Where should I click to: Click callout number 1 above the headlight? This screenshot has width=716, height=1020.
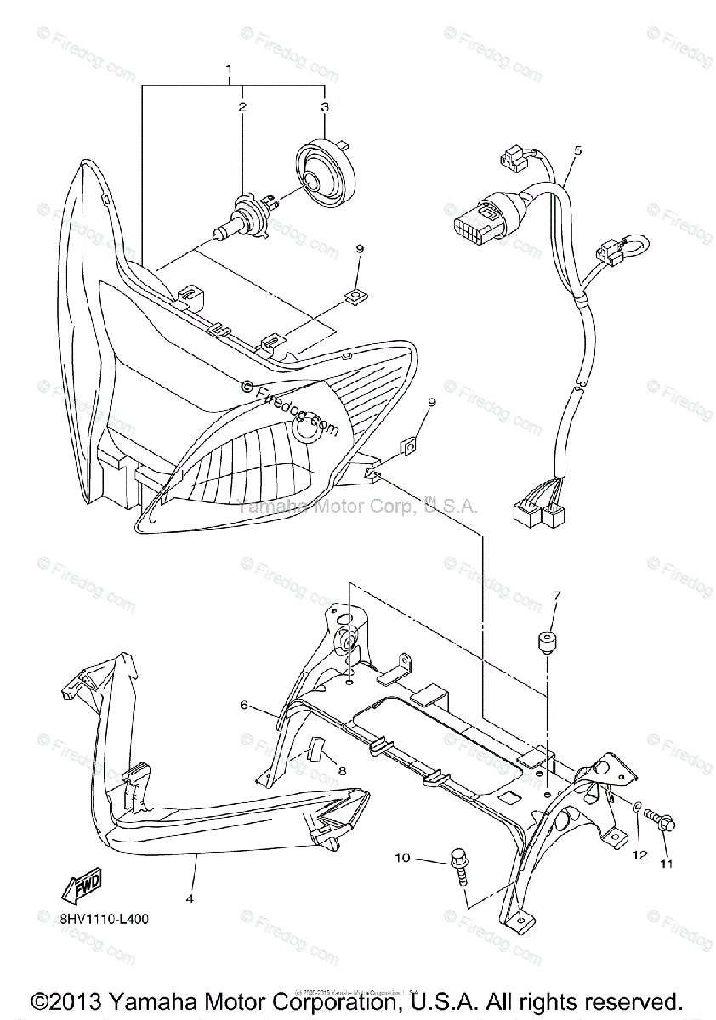[229, 67]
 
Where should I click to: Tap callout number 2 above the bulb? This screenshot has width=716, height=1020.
[242, 107]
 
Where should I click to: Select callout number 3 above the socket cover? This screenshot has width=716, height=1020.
[324, 107]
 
